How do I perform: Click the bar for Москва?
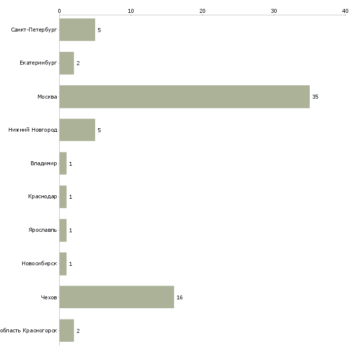184,97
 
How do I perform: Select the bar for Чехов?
117,297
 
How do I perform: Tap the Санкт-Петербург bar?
77,30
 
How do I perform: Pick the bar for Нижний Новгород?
77,130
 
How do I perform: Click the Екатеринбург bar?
67,63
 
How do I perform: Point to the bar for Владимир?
63,163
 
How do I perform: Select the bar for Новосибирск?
63,264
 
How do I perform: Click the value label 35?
315,97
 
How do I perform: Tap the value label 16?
180,297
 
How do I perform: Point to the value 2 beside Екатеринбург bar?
78,63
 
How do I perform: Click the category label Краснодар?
42,197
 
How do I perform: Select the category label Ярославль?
43,230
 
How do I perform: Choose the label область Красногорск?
29,330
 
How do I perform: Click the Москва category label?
47,97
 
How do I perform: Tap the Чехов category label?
49,297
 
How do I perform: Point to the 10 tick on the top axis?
131,11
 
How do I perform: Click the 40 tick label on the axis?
345,11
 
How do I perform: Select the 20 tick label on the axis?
202,11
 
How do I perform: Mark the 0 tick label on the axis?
60,11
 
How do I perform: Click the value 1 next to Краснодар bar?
71,197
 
